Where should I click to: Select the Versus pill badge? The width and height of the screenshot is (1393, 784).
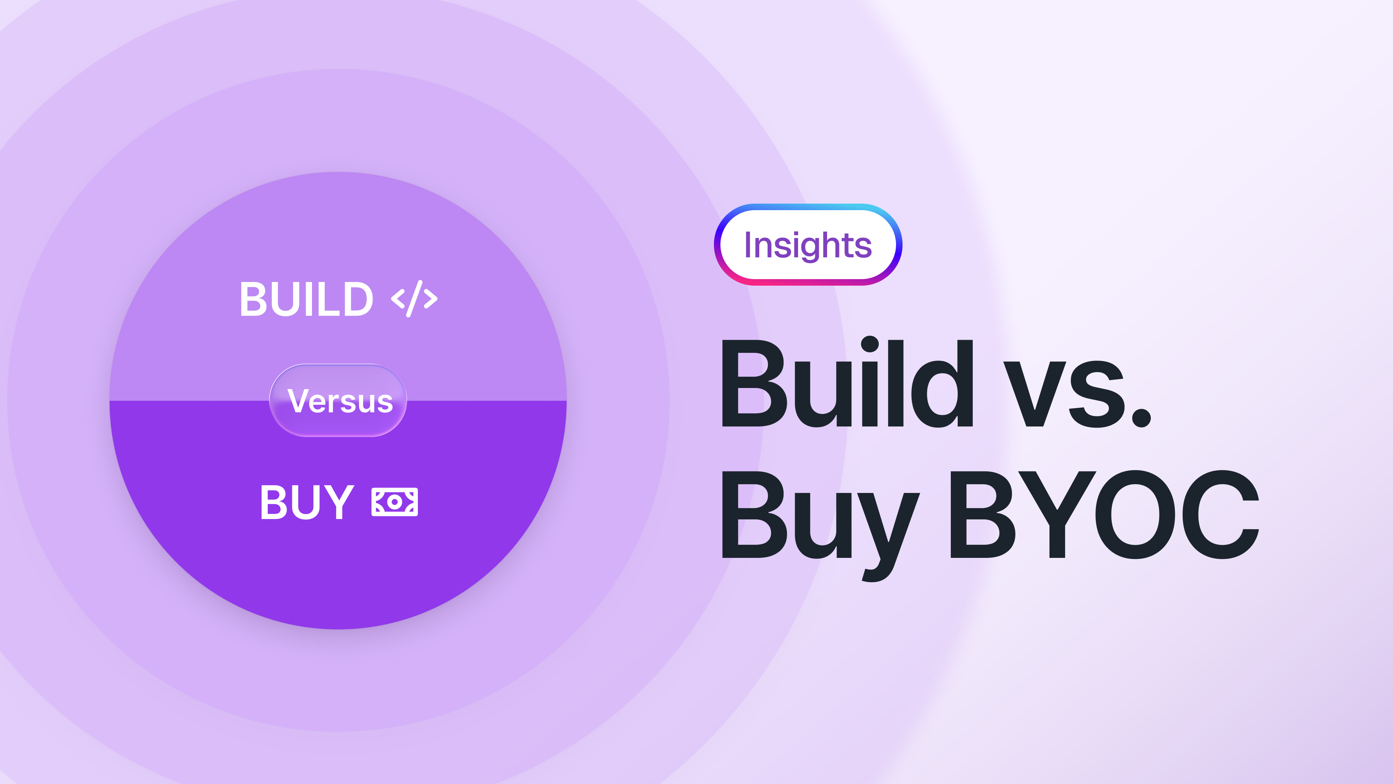pos(338,400)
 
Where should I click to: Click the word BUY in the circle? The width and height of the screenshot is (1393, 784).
pos(307,502)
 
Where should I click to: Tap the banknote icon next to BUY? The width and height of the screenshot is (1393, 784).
pos(395,502)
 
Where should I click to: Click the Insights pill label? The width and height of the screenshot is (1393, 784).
pos(808,245)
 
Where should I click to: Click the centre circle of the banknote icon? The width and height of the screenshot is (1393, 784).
pos(395,502)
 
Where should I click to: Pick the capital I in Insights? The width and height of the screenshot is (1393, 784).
pos(748,245)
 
